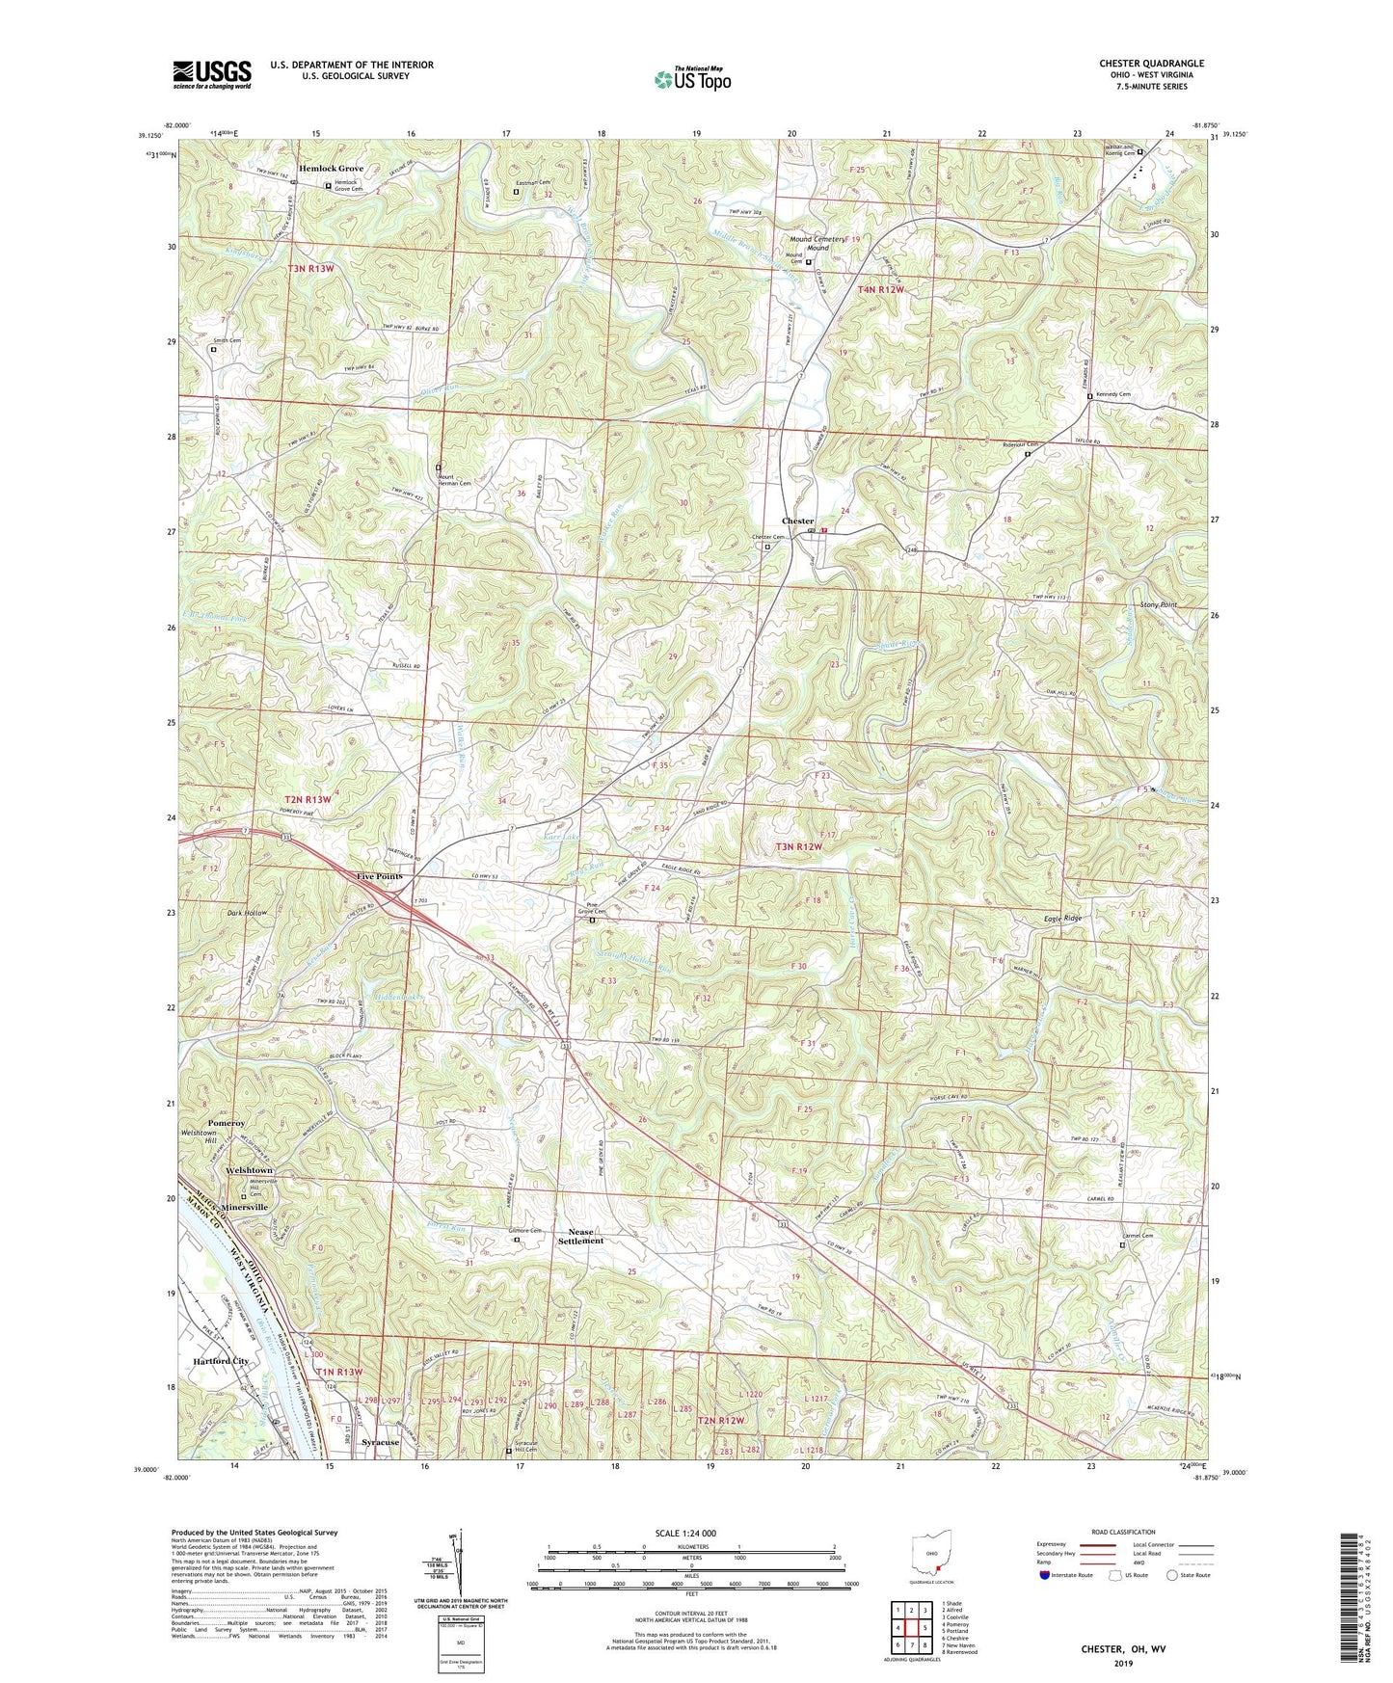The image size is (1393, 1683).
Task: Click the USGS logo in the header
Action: coord(212,73)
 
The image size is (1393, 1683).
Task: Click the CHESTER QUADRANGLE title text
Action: coord(1151,64)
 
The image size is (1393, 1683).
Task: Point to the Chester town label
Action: coord(797,521)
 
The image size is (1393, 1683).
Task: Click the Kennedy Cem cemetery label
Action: coord(1112,395)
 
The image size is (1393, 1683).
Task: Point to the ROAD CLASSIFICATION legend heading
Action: coord(1123,1532)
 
